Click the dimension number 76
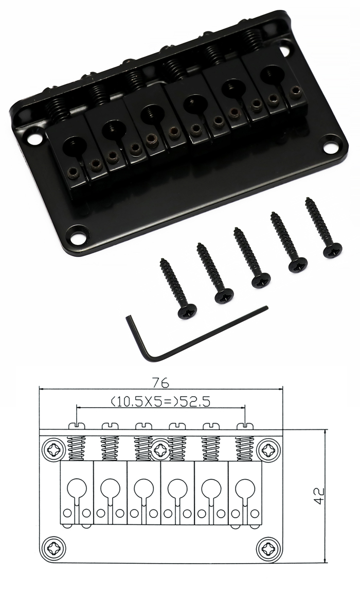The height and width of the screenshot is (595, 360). point(160,383)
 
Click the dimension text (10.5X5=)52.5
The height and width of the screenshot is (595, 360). point(160,400)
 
